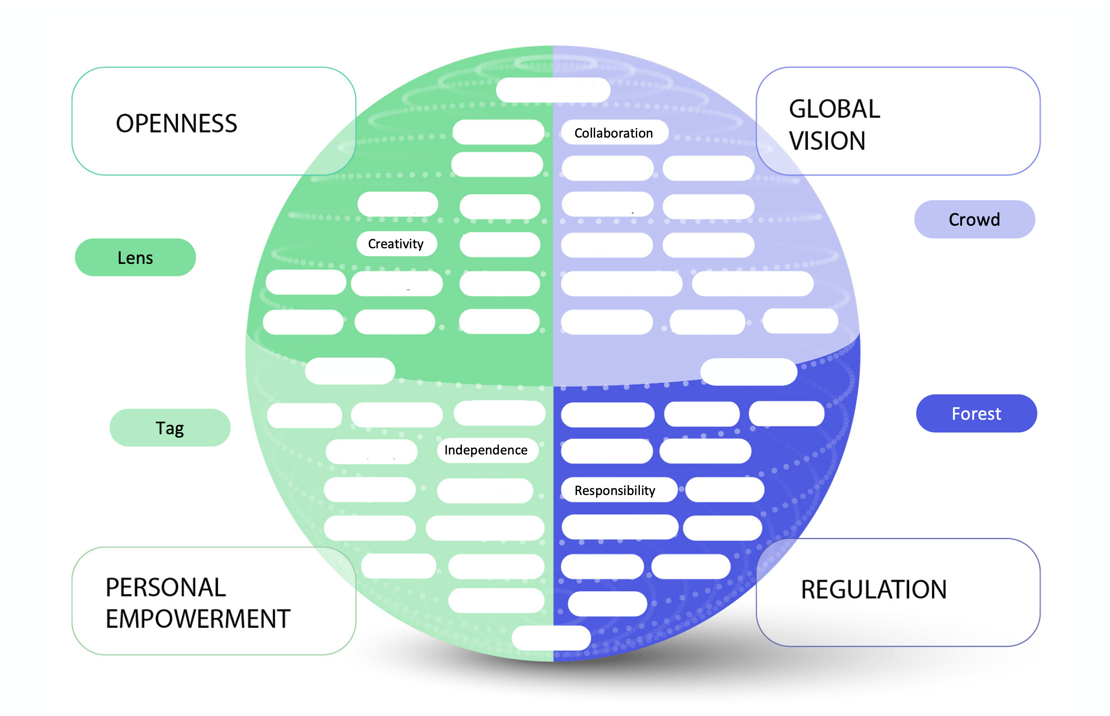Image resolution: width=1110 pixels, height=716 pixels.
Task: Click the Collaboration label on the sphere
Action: point(614,133)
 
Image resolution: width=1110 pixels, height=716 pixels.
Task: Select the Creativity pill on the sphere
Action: point(396,244)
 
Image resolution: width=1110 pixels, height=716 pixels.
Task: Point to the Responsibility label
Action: point(615,490)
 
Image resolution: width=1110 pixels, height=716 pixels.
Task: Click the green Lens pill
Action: point(135,258)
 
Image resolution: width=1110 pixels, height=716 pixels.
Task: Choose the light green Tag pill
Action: point(170,428)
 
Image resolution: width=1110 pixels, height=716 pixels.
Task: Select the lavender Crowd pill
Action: point(974,219)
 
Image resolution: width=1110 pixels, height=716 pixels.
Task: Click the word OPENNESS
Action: point(176,124)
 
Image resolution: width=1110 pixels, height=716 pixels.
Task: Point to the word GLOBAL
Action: point(835,109)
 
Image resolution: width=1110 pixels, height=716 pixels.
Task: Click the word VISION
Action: point(827,141)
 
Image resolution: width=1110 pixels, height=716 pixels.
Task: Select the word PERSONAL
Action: point(166,588)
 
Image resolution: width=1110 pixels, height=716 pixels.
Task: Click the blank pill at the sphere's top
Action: point(553,90)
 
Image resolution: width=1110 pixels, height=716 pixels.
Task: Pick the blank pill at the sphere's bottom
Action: point(551,638)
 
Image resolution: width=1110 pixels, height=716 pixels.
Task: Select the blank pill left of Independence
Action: point(371,451)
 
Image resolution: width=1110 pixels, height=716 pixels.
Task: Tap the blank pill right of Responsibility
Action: point(724,490)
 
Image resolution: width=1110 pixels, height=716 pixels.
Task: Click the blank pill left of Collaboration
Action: point(498,132)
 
